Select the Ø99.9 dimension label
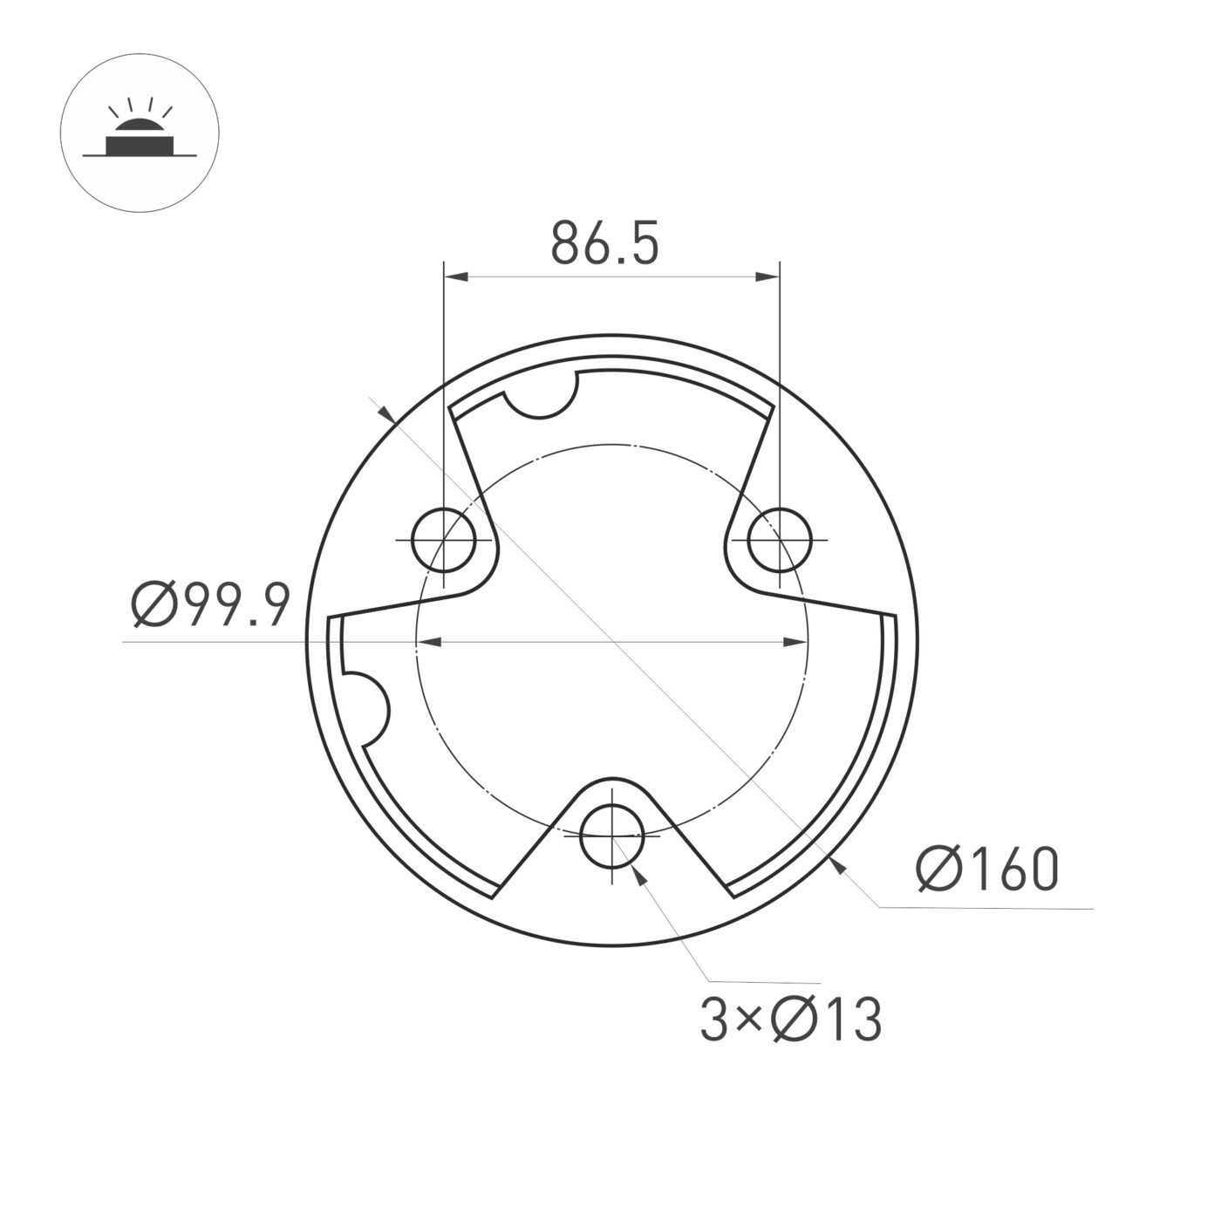coord(209,604)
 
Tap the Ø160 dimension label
coord(987,870)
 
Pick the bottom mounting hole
coord(612,836)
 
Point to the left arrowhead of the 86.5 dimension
coord(456,276)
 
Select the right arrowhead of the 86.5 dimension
coord(767,276)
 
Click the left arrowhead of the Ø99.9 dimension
coord(429,643)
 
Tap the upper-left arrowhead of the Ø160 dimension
coord(387,413)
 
